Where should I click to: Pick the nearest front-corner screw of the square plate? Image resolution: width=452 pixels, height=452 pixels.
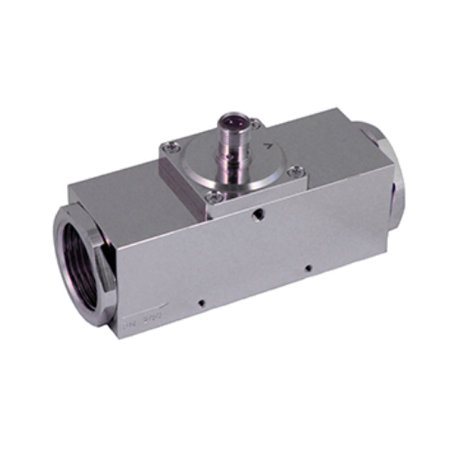(210, 188)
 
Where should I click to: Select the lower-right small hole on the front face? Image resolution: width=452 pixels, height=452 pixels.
(307, 268)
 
